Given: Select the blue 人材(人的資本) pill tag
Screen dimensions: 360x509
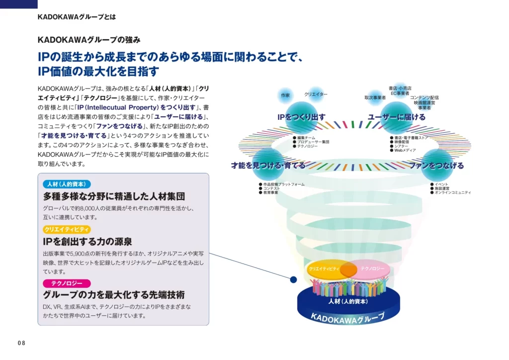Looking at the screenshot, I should (67, 184).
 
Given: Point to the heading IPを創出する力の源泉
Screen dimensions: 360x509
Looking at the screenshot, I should (87, 242).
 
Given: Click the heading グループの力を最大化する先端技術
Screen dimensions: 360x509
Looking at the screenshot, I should (114, 295).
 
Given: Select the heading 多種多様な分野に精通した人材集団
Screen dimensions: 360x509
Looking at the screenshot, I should (114, 196).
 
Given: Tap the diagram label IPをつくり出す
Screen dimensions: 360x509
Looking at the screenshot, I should (301, 117).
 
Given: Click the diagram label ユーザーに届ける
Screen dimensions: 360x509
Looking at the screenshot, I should (397, 117).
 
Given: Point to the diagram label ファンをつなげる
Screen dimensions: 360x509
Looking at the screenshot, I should (436, 166).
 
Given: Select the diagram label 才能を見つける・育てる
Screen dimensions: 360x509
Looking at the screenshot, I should (268, 166).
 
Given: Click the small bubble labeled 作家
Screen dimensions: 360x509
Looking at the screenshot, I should (285, 94).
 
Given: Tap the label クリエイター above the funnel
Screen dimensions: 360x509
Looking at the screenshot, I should (316, 94).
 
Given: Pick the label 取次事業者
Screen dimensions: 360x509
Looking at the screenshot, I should (375, 97).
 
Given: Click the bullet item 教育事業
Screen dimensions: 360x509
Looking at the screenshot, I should (271, 192).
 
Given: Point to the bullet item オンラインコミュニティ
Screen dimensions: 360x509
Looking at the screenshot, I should (453, 192).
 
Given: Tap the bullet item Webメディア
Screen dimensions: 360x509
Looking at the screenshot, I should (405, 150).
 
